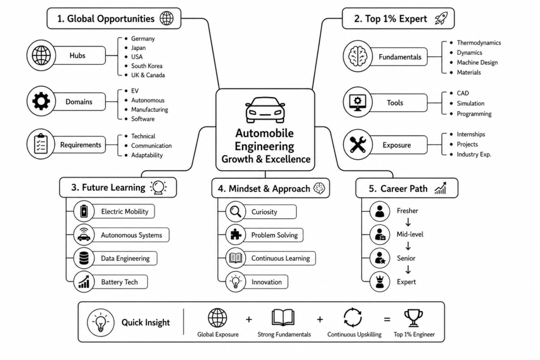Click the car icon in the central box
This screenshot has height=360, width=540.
click(x=265, y=110)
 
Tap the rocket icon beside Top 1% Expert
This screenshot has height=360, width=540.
click(x=441, y=18)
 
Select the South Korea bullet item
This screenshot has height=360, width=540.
click(x=143, y=66)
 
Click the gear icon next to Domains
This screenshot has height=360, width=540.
click(x=41, y=101)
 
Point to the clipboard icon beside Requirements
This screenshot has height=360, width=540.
click(x=41, y=144)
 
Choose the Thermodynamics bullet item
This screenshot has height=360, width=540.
click(x=476, y=43)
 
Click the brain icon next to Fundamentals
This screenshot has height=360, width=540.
click(x=358, y=56)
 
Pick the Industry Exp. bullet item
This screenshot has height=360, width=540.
click(x=470, y=154)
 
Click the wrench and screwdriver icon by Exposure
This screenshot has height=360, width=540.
click(x=358, y=144)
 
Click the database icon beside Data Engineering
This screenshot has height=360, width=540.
click(x=84, y=258)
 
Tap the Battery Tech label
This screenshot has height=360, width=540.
click(x=119, y=282)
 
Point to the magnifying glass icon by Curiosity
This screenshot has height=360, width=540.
click(x=236, y=211)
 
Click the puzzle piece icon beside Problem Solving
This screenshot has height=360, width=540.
click(x=236, y=235)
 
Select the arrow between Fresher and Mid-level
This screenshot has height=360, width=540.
click(x=408, y=222)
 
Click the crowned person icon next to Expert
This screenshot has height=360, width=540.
click(x=380, y=281)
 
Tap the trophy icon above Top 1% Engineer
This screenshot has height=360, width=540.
click(x=413, y=318)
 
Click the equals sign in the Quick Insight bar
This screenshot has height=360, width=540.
click(x=387, y=319)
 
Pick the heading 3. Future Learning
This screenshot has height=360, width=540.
click(x=108, y=187)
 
